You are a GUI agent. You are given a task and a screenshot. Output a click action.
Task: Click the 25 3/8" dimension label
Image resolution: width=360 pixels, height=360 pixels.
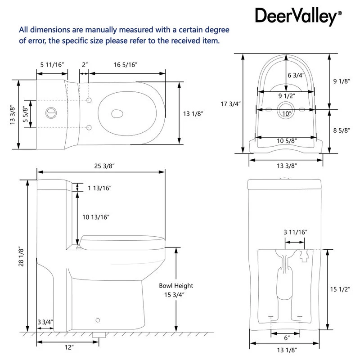coord(104,166)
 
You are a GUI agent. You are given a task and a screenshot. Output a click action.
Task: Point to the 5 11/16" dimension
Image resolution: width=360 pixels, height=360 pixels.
coord(52,65)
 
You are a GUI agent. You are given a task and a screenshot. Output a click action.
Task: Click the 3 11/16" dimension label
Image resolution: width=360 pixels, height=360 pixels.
coord(295,232)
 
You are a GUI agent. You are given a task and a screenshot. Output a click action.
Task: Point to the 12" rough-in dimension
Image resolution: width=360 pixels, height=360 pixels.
coord(68,347)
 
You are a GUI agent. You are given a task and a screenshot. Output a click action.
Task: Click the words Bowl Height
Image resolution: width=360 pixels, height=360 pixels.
coord(176,286)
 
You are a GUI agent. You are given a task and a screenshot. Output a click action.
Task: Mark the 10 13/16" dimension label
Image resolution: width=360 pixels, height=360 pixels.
coord(96,217)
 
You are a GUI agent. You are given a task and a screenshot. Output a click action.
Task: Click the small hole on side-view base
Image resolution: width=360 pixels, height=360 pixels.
coord(98,320)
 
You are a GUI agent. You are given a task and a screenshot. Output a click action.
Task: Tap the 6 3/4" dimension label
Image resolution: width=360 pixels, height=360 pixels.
coord(296,75)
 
